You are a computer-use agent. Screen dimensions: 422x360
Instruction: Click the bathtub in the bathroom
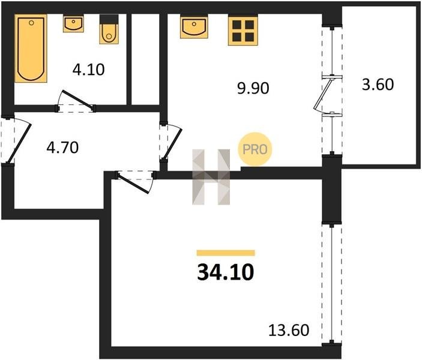tap(31, 48)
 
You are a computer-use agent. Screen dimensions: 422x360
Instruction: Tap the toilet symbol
tap(109, 29)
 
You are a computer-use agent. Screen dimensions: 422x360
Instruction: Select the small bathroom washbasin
tap(73, 23)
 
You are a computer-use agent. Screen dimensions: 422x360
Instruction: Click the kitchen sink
tap(194, 26)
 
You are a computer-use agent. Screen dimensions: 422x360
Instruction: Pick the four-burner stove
tap(243, 30)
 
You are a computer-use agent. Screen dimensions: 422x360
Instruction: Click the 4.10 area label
tap(88, 70)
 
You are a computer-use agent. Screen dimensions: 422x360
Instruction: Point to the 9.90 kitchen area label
tap(253, 88)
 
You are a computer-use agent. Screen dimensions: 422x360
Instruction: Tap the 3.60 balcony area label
tap(378, 84)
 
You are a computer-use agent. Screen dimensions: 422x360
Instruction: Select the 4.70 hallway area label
tap(62, 148)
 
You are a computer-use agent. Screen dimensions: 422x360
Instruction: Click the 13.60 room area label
tap(289, 330)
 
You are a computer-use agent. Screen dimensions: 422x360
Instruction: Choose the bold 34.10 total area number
tap(226, 272)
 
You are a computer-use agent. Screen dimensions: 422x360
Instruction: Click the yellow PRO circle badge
tap(255, 149)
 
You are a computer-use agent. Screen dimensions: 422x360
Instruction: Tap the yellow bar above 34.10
tap(226, 253)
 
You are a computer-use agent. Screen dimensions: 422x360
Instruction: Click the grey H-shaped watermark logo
tap(211, 177)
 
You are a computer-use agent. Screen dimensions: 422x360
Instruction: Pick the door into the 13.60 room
tap(134, 182)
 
